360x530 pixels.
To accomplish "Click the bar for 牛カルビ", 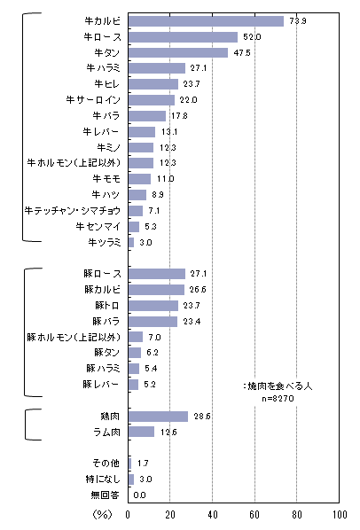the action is click(206, 21).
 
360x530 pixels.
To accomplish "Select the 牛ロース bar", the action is click(183, 37).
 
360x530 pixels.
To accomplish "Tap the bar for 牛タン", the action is click(178, 52).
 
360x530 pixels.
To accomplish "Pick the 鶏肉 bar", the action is click(158, 417).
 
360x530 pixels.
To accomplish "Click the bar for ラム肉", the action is click(141, 432).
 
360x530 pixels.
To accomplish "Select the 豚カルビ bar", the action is click(157, 290).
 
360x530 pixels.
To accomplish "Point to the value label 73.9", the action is click(298, 21).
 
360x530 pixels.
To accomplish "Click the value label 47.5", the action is click(242, 52).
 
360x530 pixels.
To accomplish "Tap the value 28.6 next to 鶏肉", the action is click(202, 417).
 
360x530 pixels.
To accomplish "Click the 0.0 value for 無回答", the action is click(139, 495).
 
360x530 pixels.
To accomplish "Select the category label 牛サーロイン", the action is click(93, 100).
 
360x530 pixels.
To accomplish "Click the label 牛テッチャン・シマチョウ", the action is click(73, 211).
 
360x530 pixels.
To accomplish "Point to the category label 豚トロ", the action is click(107, 306).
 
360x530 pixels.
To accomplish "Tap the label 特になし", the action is click(103, 479).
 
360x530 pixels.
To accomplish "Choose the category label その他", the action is click(106, 463).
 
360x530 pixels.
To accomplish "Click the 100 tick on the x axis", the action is click(340, 515).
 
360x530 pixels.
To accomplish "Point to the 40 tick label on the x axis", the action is click(213, 515).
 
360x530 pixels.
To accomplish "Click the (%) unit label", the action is click(102, 515).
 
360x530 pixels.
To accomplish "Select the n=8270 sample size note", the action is click(278, 399).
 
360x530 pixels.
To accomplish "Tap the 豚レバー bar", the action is click(134, 385).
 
